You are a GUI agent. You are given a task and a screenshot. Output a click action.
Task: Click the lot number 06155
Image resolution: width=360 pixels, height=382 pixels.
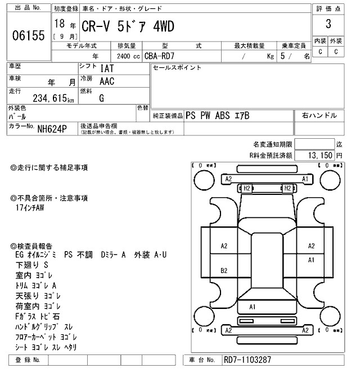[28, 37]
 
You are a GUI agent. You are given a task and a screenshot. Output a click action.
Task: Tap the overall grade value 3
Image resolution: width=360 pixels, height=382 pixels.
[328, 25]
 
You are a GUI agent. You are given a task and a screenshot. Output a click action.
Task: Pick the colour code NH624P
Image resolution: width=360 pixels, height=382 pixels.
[52, 129]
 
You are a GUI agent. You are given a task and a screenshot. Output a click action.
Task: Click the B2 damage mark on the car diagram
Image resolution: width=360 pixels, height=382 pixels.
[224, 270]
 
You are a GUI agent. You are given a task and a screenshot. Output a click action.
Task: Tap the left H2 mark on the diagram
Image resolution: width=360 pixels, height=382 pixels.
[246, 188]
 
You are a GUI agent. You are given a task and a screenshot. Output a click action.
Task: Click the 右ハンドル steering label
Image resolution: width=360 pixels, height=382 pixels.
[319, 115]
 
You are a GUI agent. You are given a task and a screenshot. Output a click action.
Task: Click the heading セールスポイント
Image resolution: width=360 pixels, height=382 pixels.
[177, 68]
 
